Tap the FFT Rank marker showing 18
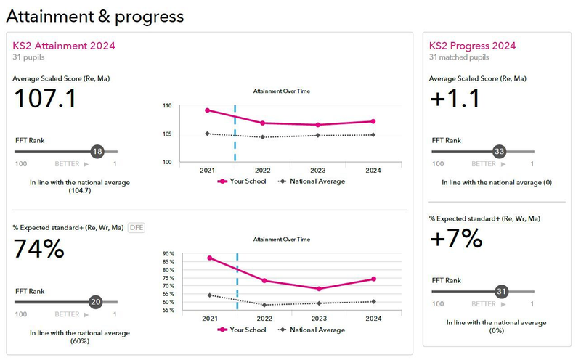click(x=97, y=151)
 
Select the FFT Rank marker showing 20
click(x=94, y=302)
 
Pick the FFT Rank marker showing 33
click(x=499, y=151)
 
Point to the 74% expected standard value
click(x=39, y=249)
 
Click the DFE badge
click(x=137, y=227)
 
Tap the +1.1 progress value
click(x=455, y=98)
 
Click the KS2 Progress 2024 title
click(x=473, y=45)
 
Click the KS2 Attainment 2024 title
click(x=64, y=45)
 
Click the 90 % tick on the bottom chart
click(x=168, y=255)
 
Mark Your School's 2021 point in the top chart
click(x=208, y=110)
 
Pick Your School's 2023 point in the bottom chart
click(x=319, y=289)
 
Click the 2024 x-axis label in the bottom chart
click(x=373, y=319)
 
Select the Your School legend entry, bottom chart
click(x=242, y=330)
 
